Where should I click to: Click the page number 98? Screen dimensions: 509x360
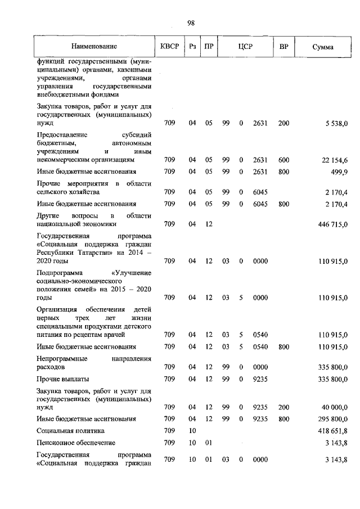click(x=191, y=23)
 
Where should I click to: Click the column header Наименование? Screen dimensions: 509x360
click(x=94, y=47)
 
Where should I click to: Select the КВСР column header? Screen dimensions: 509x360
click(x=169, y=47)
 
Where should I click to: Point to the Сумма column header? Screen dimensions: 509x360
click(x=323, y=47)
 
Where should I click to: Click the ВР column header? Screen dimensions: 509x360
click(x=283, y=47)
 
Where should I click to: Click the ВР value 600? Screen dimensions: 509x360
click(x=283, y=160)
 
